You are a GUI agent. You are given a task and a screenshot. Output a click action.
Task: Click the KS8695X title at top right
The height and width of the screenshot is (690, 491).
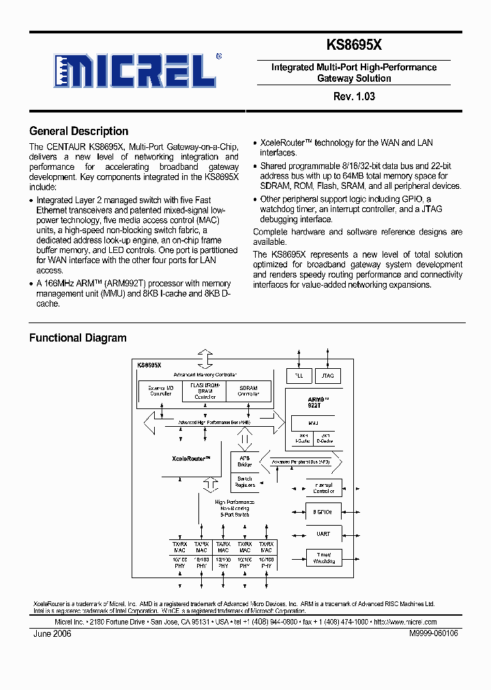coord(354,45)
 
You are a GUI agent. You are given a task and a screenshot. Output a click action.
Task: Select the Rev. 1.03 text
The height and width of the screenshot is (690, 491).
coord(354,96)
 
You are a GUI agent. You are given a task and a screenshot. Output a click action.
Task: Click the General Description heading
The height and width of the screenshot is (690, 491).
coord(78,132)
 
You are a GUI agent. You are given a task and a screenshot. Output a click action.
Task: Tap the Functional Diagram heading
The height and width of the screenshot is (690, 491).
coord(78,337)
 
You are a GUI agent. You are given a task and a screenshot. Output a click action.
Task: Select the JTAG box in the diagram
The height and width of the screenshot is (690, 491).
coord(328,376)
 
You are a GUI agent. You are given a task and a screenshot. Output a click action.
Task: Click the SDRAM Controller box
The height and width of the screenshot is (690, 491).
coord(248,391)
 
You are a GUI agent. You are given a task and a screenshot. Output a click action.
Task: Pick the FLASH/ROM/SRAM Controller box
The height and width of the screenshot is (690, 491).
coord(205,391)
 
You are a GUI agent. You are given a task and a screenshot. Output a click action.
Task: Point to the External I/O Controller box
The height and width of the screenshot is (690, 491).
coord(160,391)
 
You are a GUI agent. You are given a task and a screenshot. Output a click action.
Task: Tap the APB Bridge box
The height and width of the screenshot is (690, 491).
coord(244,460)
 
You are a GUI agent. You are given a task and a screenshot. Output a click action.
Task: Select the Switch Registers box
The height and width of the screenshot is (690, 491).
coord(244,481)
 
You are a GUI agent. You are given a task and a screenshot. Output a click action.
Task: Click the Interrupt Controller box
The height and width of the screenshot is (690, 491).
coord(324,487)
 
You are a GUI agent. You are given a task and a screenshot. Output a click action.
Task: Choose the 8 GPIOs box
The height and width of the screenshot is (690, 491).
coord(324,511)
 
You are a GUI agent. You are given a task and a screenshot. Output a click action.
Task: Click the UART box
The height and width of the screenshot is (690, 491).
coord(324,534)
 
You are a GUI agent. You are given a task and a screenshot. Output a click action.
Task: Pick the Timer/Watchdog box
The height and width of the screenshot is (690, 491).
coord(324,558)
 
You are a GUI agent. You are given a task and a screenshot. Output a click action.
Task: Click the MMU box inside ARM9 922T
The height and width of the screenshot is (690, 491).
coord(313,423)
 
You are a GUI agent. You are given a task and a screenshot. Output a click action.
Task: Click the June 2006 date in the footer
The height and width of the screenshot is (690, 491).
coord(52,633)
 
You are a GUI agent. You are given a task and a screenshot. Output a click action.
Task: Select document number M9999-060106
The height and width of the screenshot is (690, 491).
coord(434,633)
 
